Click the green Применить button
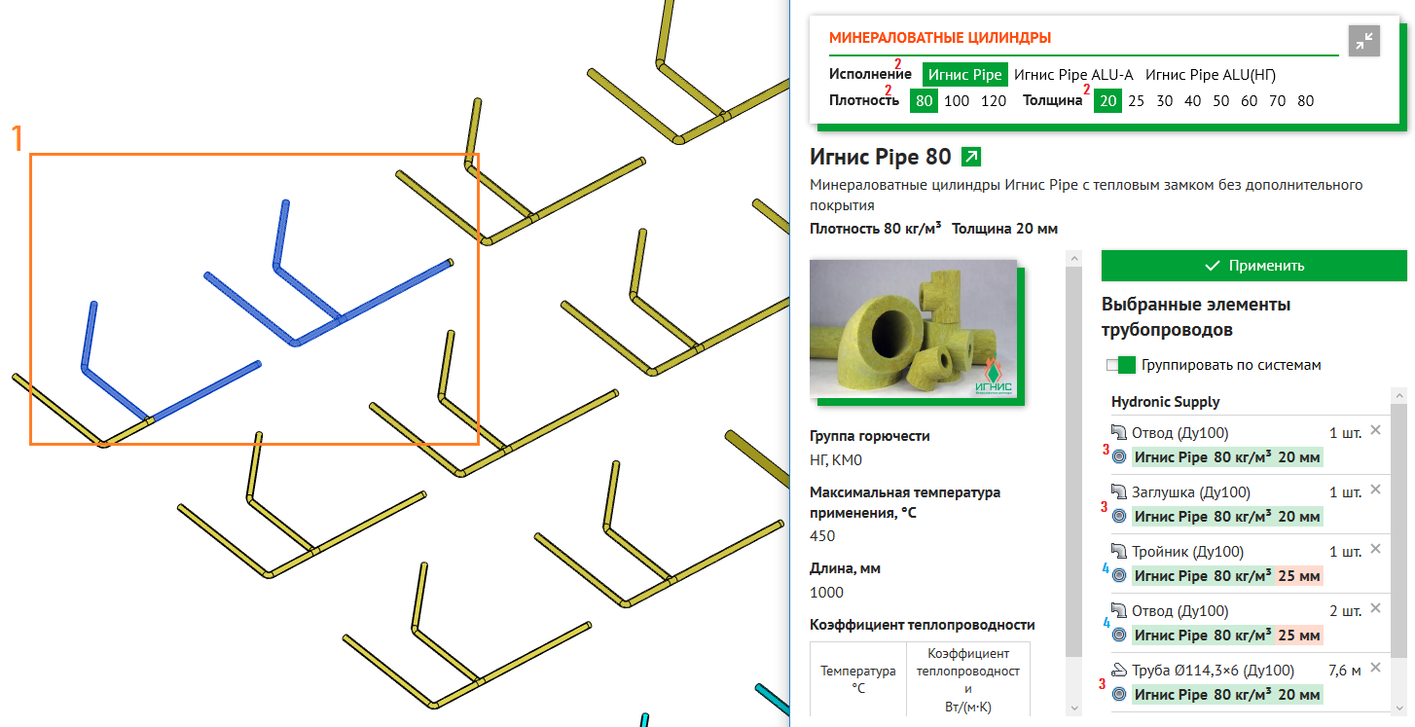1253,266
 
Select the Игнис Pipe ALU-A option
1073,75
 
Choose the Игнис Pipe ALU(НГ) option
1211,75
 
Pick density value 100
957,101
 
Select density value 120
993,101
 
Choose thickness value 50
1220,101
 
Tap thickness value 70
1277,101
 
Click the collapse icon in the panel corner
1363,41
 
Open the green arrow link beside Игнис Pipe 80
971,156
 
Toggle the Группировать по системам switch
1121,365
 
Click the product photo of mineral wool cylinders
914,329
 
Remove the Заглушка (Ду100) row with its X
1375,490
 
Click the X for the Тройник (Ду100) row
1375,549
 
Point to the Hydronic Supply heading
1165,402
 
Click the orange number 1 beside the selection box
18,138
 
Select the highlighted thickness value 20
1108,101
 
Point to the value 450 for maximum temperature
822,536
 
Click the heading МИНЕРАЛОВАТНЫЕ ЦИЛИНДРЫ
940,38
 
